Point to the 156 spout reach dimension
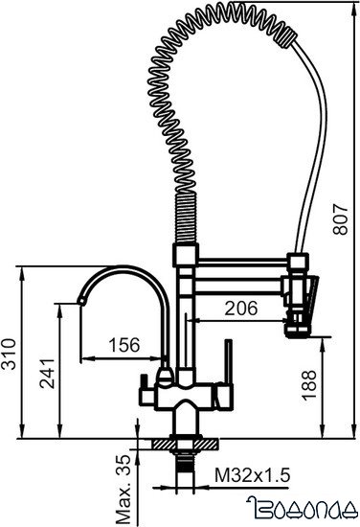123,344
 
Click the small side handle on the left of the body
143,392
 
